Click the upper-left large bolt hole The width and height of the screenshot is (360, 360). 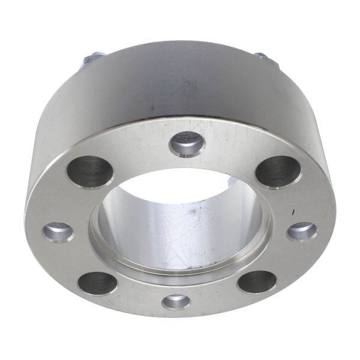pyautogui.click(x=88, y=172)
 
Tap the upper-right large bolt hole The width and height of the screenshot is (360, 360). pyautogui.click(x=277, y=171)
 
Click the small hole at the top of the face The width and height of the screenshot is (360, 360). pyautogui.click(x=184, y=144)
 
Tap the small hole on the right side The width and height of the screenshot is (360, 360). pyautogui.click(x=302, y=230)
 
